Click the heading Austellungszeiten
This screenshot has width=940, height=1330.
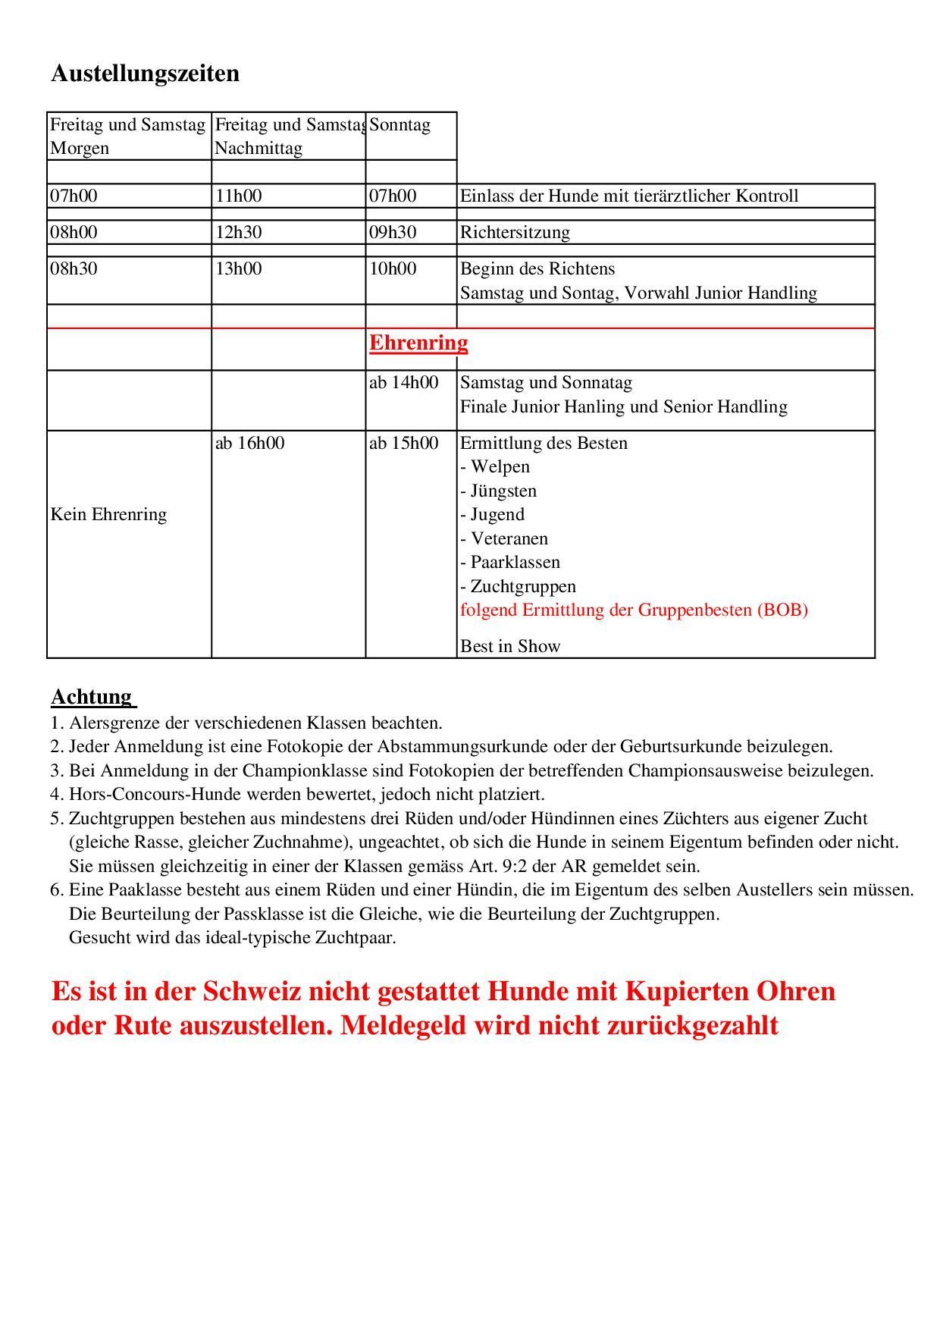point(145,74)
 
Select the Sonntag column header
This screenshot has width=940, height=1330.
point(399,125)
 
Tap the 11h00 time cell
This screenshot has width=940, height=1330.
point(238,196)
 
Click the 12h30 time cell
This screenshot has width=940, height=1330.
point(238,232)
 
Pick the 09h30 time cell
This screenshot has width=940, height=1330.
point(393,232)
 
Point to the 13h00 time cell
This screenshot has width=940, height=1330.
point(238,269)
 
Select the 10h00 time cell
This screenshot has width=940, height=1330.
point(393,269)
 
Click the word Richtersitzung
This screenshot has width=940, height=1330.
point(515,232)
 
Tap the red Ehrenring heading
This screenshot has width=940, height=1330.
point(418,343)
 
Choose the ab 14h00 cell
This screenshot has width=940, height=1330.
point(403,382)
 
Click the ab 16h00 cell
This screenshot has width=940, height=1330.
point(249,443)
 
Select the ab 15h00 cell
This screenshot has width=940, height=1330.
point(403,443)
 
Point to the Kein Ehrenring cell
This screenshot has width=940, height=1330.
point(108,515)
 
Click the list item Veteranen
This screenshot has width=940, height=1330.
point(509,539)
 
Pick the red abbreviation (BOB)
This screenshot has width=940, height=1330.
point(782,610)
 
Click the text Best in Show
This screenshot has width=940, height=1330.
point(510,647)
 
